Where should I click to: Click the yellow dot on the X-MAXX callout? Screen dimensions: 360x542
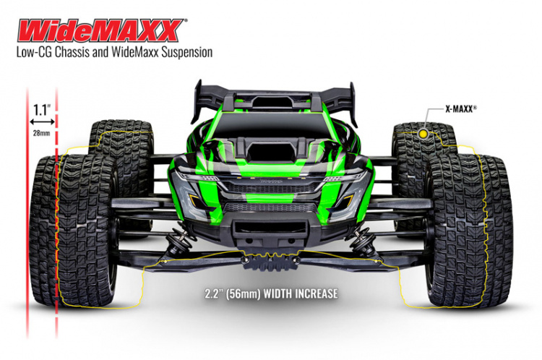coord(423,134)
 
